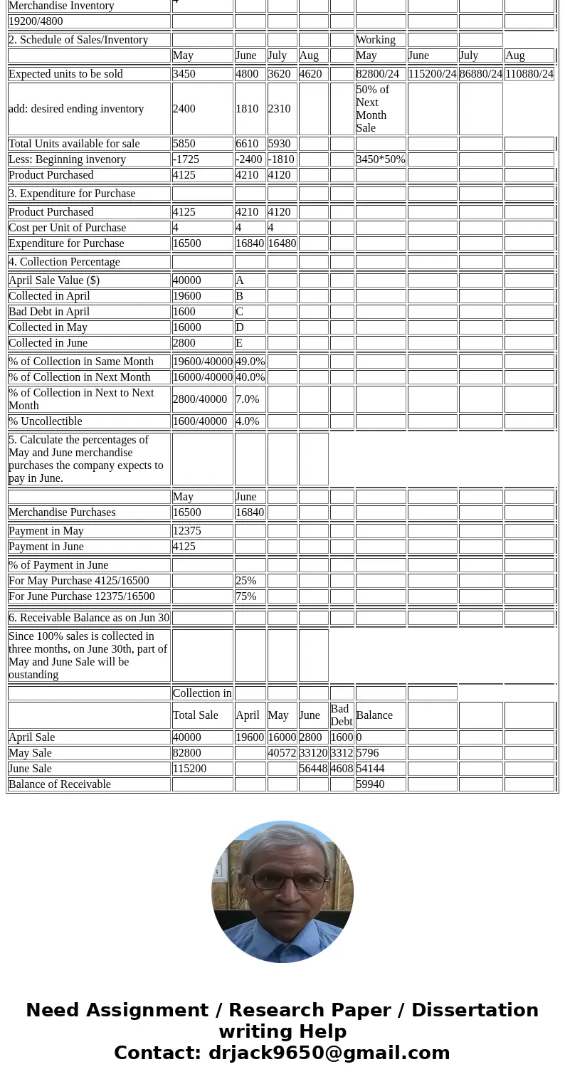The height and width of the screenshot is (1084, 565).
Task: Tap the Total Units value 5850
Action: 202,143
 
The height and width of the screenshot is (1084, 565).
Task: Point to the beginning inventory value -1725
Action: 202,159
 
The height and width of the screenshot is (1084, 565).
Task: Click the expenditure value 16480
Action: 282,243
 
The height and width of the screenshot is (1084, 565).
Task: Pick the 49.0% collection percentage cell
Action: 250,361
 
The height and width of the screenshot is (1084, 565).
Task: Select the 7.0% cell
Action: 250,399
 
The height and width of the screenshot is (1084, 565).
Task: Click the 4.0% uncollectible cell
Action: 250,421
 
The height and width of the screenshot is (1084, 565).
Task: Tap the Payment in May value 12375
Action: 202,530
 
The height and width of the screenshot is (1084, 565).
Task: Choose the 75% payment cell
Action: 250,596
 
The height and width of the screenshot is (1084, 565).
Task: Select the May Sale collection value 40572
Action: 282,752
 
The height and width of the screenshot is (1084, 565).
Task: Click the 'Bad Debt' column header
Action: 342,715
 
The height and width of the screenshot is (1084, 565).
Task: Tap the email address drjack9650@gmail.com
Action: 329,1053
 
